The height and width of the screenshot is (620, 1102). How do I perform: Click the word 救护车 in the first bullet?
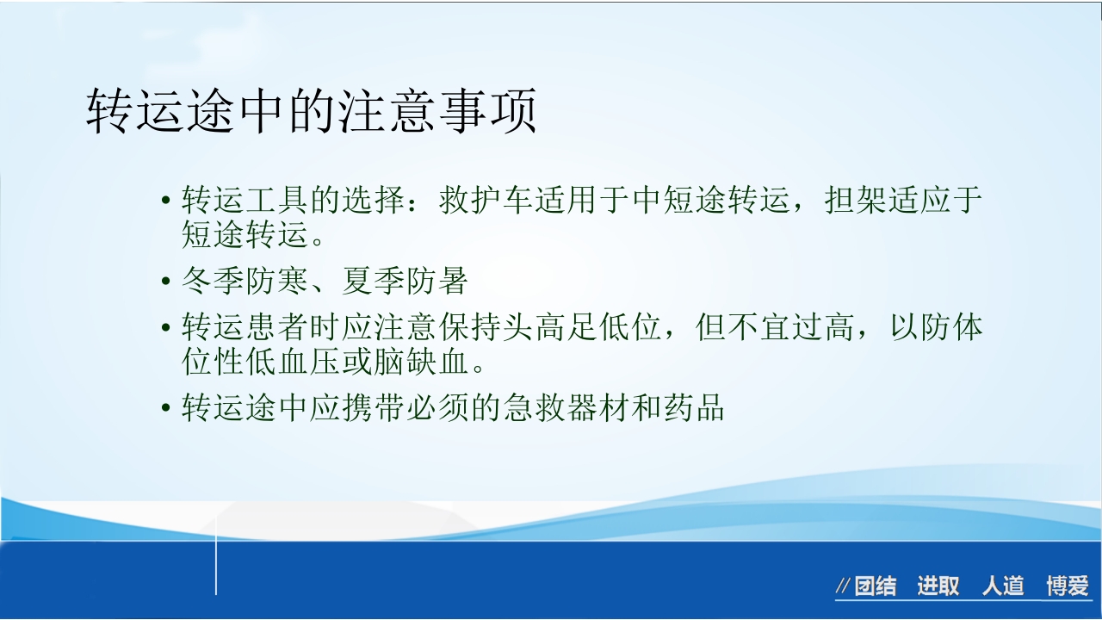pos(486,201)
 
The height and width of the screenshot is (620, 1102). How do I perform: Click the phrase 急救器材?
pos(566,407)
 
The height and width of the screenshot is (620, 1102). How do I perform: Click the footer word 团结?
pos(875,587)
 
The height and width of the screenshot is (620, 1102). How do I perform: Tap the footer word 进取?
pos(938,587)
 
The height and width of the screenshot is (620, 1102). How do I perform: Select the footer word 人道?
pos(1003,587)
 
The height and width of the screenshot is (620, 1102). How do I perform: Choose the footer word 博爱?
pos(1068,587)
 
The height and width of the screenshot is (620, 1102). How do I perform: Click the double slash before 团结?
pos(843,587)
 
